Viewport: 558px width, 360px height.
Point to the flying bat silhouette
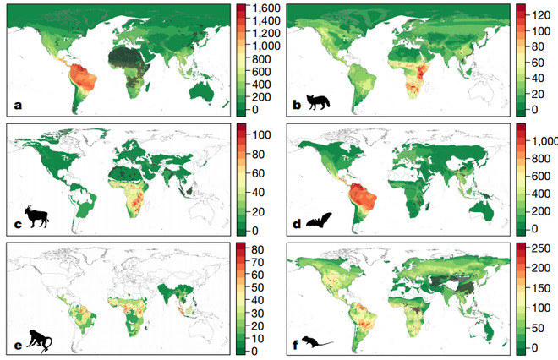[317, 221]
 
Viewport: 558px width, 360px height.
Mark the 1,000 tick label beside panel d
[542, 141]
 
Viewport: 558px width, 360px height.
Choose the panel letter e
[16, 344]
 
